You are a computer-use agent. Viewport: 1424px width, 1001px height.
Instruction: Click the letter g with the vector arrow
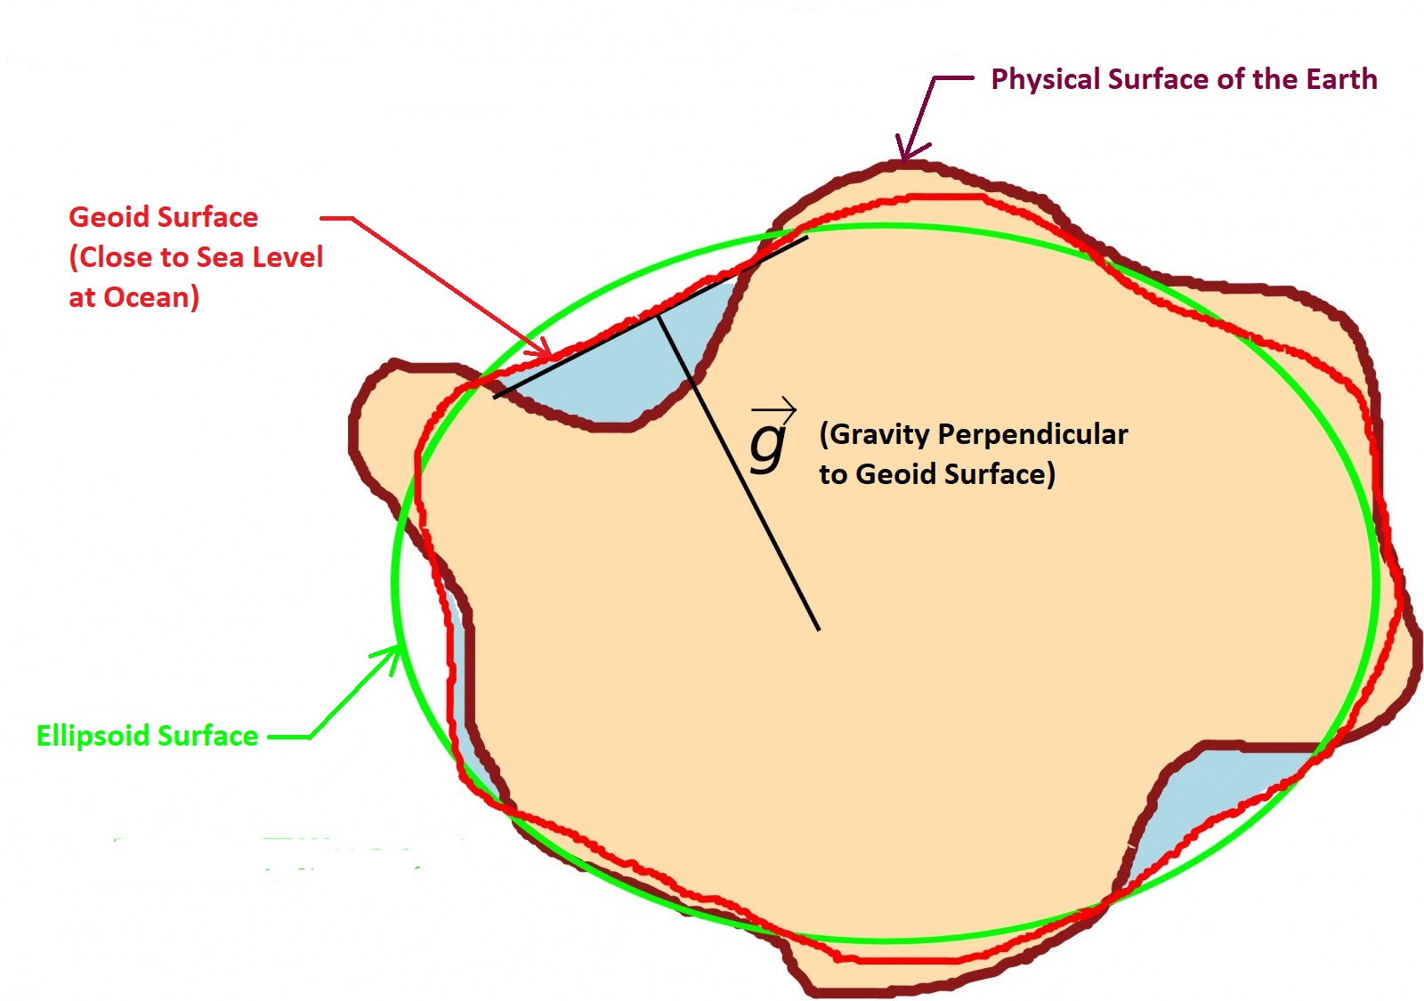point(767,445)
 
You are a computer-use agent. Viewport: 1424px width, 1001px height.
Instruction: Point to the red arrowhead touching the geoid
point(543,352)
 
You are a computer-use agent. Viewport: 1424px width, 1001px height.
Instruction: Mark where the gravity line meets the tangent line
point(659,315)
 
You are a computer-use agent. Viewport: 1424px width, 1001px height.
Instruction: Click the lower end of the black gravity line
point(818,630)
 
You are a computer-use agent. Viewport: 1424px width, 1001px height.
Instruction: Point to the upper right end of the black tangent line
point(806,238)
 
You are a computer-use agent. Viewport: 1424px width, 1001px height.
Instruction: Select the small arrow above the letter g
point(773,410)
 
